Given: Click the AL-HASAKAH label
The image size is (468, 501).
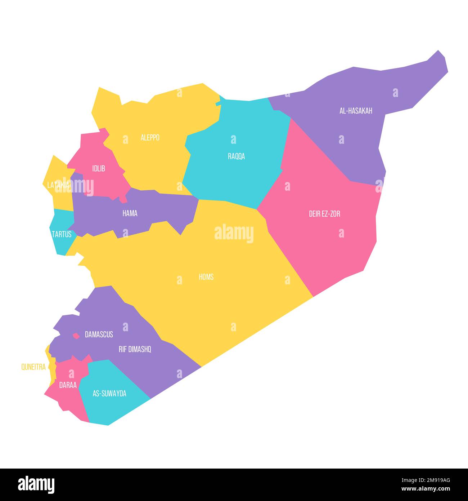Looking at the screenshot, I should pos(356,111).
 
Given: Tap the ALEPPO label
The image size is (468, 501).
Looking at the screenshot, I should pos(150,138).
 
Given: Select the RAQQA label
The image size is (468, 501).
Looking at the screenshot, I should pos(236,156).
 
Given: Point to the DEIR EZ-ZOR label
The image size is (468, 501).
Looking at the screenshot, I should pos(324,214).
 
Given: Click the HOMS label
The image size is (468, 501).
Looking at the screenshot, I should pos(206,277).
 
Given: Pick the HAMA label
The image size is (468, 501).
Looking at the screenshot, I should pos(130,213).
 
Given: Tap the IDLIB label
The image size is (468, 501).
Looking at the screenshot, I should pos(99,168).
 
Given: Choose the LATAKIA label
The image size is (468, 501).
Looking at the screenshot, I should pos(58,185).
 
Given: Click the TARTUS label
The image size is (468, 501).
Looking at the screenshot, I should pos(62,234).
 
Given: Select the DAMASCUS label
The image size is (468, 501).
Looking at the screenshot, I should pos(99,334).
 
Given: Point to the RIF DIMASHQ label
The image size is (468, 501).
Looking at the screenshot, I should pos(135,349).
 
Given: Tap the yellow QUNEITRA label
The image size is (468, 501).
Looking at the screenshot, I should pos(33,367).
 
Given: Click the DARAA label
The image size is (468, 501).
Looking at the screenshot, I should pos(68,385).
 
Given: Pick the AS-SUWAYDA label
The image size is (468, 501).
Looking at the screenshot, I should pos(109,394).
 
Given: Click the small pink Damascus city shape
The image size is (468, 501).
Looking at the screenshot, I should pos(76,336).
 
